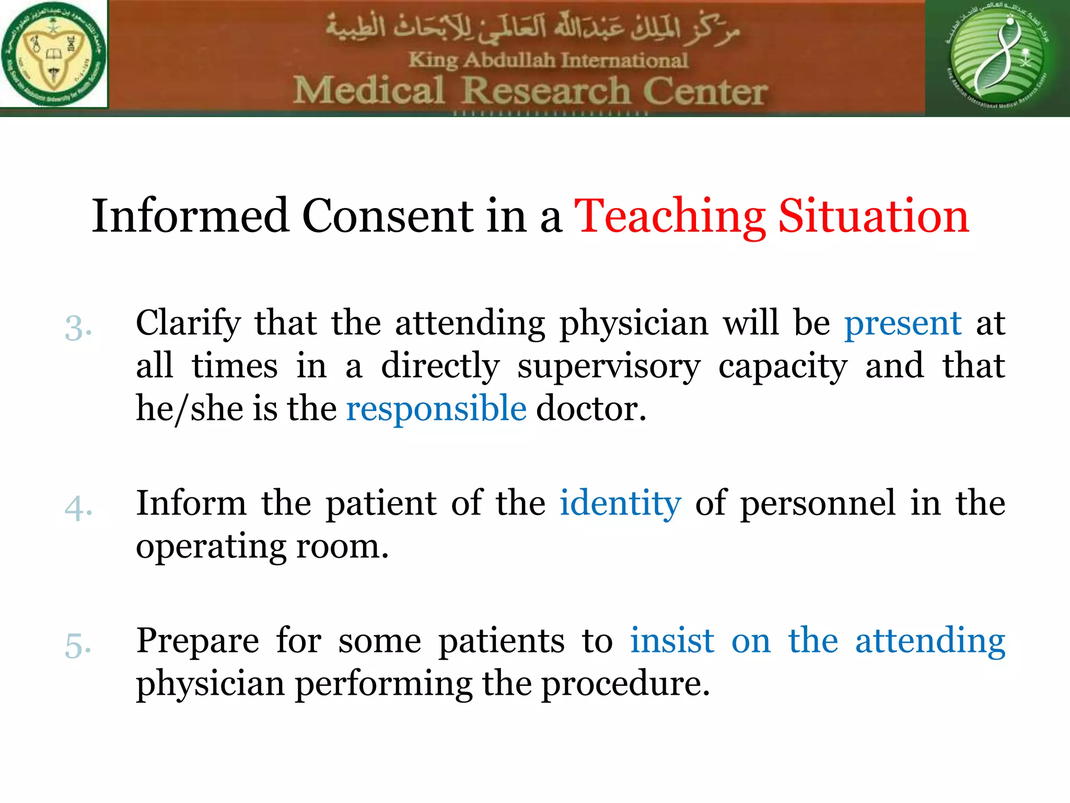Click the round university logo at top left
tap(53, 54)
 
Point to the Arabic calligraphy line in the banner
tap(533, 29)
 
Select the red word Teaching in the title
tap(670, 216)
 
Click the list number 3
tap(78, 328)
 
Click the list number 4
tap(78, 508)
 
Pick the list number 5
tap(78, 645)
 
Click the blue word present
tap(903, 324)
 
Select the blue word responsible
tap(436, 408)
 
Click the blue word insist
tap(672, 640)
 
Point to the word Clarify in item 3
tap(188, 324)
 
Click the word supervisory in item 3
tap(609, 366)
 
